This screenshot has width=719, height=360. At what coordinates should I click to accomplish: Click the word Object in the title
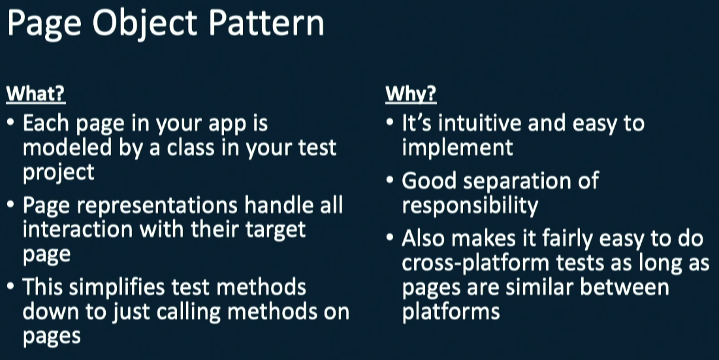coord(144,24)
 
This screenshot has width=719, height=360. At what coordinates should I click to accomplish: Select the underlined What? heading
coord(36,94)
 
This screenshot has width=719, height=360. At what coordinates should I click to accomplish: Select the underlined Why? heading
coord(411,94)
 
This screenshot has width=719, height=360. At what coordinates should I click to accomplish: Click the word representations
coord(157,205)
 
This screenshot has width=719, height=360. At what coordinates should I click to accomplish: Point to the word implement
coord(457,148)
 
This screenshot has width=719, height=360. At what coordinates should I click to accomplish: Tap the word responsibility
coord(470,206)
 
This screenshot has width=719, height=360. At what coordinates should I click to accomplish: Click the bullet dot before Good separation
coord(390,180)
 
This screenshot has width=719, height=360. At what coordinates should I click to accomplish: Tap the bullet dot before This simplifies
coord(10,286)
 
